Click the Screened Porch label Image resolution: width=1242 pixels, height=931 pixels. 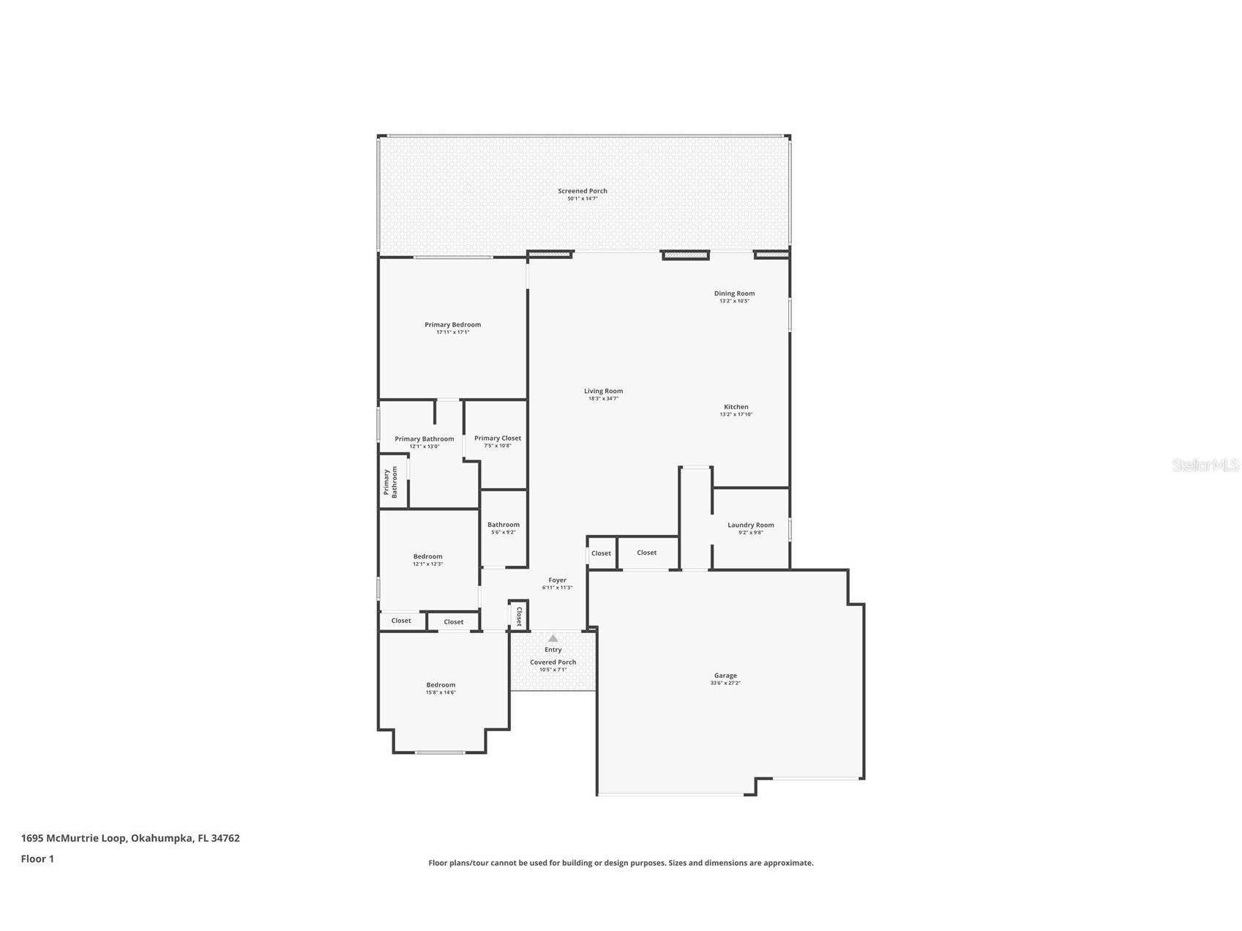pos(583,191)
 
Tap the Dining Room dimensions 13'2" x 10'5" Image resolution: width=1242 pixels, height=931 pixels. pos(734,301)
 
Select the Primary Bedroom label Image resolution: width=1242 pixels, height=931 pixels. pos(452,325)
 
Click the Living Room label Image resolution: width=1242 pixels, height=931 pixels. pos(603,391)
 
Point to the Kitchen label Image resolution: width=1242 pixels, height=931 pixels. pos(736,407)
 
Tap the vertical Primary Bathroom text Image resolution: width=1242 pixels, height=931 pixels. pos(391,482)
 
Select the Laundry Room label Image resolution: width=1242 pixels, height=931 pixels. pos(750,525)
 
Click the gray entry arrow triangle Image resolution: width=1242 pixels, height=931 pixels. pos(553,638)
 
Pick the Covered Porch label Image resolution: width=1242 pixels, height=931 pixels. pos(553,662)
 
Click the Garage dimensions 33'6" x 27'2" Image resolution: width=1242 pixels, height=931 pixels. pos(725,683)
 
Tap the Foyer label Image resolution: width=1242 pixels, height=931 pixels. pos(557,580)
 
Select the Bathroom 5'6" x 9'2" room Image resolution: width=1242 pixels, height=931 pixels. pos(504,528)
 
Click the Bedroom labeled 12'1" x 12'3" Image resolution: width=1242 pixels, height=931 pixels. pos(427,560)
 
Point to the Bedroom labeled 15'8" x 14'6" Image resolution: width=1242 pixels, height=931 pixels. pos(441,688)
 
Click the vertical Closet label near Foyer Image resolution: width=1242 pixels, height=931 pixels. pos(519,616)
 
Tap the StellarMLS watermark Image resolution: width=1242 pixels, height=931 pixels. pos(1205,465)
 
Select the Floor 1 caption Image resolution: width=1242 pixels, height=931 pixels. pos(37,859)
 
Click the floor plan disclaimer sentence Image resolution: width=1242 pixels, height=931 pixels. pos(621,863)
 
